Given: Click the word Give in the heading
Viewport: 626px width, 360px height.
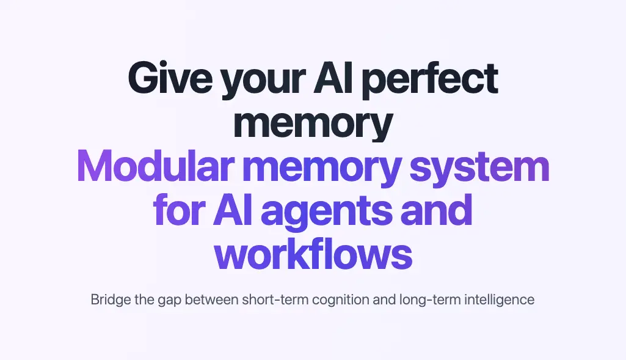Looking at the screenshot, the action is pyautogui.click(x=170, y=77).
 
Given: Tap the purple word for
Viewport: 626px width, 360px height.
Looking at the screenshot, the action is pyautogui.click(x=180, y=210).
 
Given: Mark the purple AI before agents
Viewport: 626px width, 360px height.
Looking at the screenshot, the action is pyautogui.click(x=233, y=210).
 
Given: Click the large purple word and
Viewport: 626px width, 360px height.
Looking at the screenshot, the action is pyautogui.click(x=436, y=210).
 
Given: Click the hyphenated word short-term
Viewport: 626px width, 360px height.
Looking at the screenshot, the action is pyautogui.click(x=275, y=299).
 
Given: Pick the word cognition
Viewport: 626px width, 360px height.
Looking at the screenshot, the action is pyautogui.click(x=341, y=301).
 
